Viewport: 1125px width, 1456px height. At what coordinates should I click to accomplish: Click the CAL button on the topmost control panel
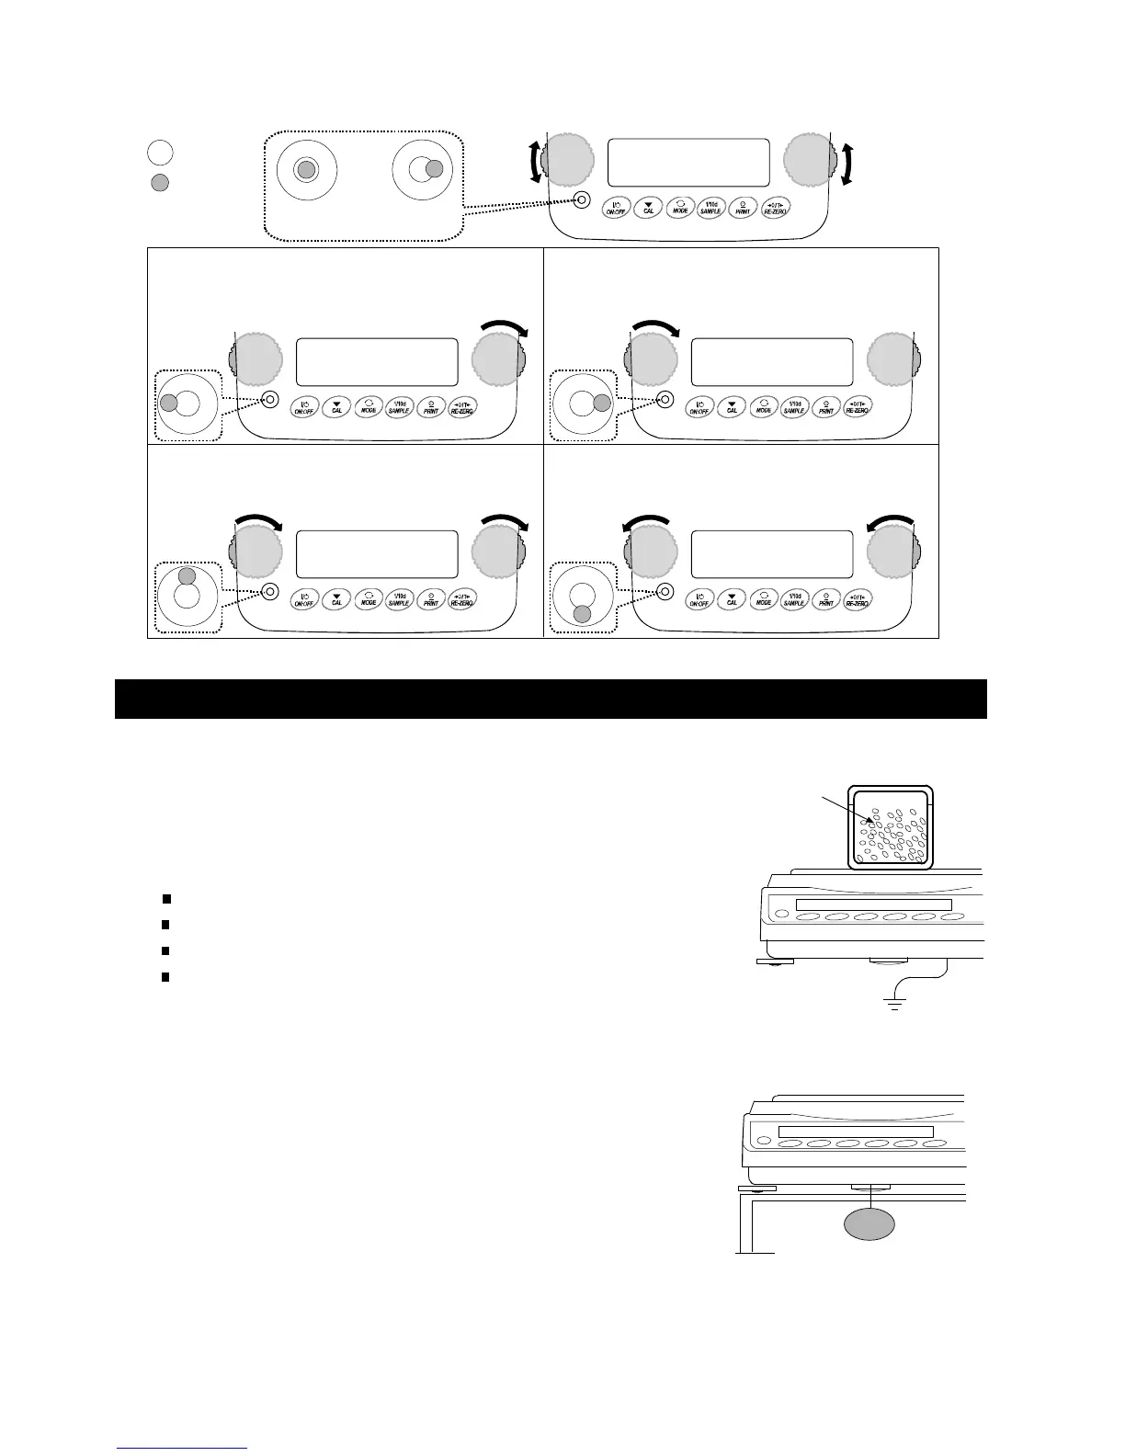point(649,208)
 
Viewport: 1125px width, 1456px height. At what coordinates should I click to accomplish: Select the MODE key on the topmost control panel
point(680,207)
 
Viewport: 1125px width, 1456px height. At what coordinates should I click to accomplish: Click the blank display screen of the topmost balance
point(688,163)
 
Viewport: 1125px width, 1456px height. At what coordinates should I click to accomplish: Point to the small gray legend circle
point(159,182)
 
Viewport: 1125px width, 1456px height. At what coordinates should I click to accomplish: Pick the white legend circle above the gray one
point(159,151)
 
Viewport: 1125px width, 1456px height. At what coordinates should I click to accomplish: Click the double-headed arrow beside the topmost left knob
point(534,164)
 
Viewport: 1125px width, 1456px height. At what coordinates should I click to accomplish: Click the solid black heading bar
point(550,699)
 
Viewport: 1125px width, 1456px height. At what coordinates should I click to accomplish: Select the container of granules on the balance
point(891,827)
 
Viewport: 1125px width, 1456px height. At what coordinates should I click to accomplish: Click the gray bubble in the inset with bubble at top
point(187,576)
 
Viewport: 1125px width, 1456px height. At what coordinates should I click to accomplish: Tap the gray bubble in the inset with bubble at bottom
point(581,615)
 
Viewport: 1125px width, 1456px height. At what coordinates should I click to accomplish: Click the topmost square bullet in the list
point(165,897)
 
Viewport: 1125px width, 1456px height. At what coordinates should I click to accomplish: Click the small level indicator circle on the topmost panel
point(580,199)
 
